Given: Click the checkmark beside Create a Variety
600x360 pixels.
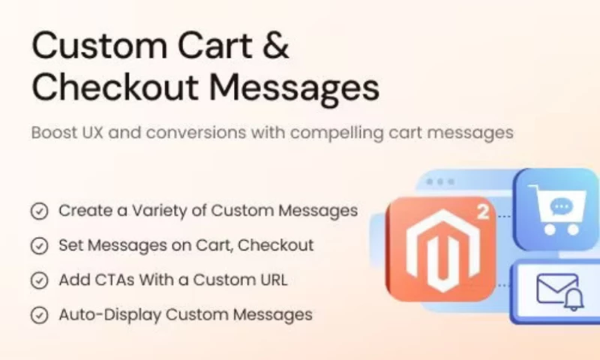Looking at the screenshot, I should click(x=39, y=211).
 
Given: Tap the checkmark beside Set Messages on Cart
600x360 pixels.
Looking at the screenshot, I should click(x=39, y=246).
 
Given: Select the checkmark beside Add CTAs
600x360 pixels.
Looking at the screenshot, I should click(x=39, y=280).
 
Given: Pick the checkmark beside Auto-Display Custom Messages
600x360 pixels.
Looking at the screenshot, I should click(x=39, y=315).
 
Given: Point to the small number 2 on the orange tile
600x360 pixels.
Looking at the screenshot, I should click(x=481, y=212).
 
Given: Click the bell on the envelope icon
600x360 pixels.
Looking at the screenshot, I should click(x=573, y=298).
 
